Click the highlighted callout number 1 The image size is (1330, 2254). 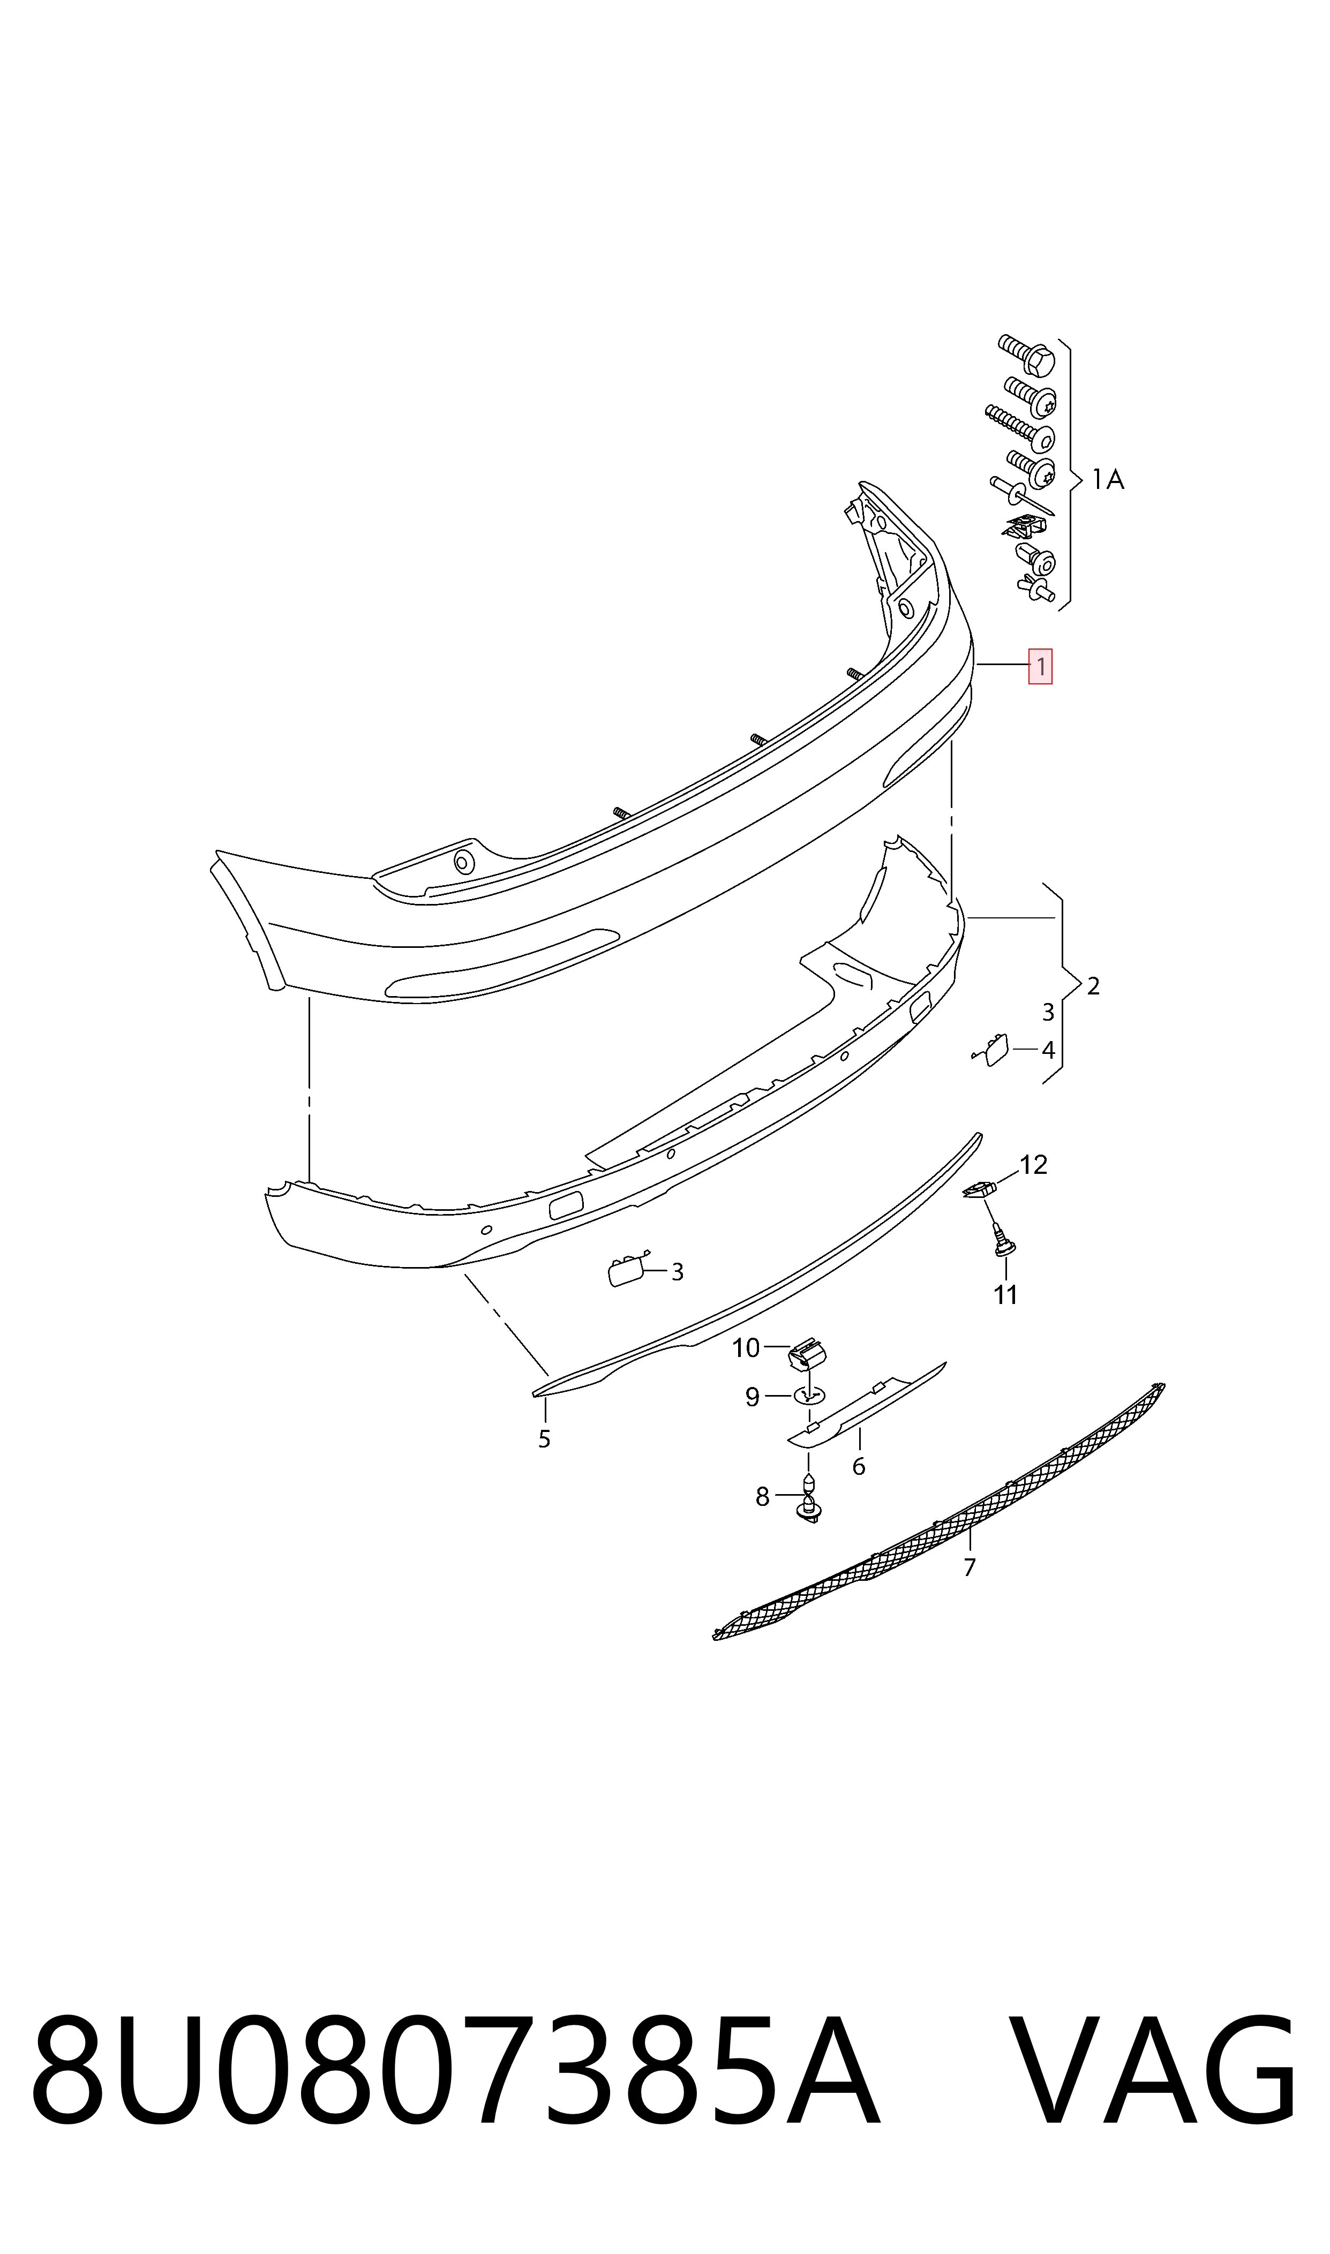1040,667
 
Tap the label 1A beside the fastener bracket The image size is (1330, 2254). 1108,480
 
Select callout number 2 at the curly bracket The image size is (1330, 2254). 1093,986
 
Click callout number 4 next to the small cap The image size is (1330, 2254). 1048,1050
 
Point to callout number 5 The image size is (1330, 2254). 544,1439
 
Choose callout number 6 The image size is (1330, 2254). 859,1467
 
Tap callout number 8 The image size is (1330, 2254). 763,1497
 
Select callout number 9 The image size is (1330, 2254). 753,1398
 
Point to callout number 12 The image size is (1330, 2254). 1033,1165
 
